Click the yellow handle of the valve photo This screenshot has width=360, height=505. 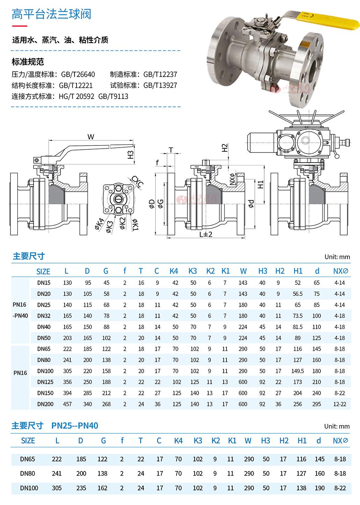coord(329,19)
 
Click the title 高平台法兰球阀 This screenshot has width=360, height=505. coord(51,14)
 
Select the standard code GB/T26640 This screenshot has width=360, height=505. coord(78,74)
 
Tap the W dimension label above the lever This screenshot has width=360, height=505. coord(91,137)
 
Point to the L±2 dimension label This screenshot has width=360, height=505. coord(206,234)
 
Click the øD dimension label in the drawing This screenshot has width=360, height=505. coord(152,204)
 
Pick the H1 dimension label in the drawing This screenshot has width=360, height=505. coord(261,184)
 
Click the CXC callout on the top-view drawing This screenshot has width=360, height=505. coord(137,182)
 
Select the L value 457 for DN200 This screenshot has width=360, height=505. coord(67,404)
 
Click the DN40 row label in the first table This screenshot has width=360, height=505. coord(44,327)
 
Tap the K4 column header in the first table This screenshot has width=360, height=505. coord(174,271)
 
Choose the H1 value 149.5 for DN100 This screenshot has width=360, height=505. coord(297,371)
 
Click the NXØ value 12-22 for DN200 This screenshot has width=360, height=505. coord(339,404)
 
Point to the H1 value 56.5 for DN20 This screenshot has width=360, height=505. coord(297,294)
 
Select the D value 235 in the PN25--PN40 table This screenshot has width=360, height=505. coord(81,488)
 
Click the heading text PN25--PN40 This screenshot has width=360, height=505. coord(75,426)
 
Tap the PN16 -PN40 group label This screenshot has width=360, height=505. coord(20,310)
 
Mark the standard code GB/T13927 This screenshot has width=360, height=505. coord(160,85)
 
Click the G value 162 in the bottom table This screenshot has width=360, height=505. coord(102,488)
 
